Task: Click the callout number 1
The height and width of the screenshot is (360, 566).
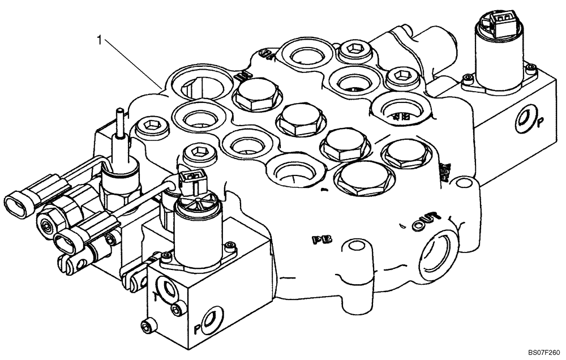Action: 100,40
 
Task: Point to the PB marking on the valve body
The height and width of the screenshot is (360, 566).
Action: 321,239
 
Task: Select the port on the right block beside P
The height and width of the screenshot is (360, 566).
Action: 524,119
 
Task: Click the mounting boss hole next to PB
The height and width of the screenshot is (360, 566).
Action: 355,246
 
